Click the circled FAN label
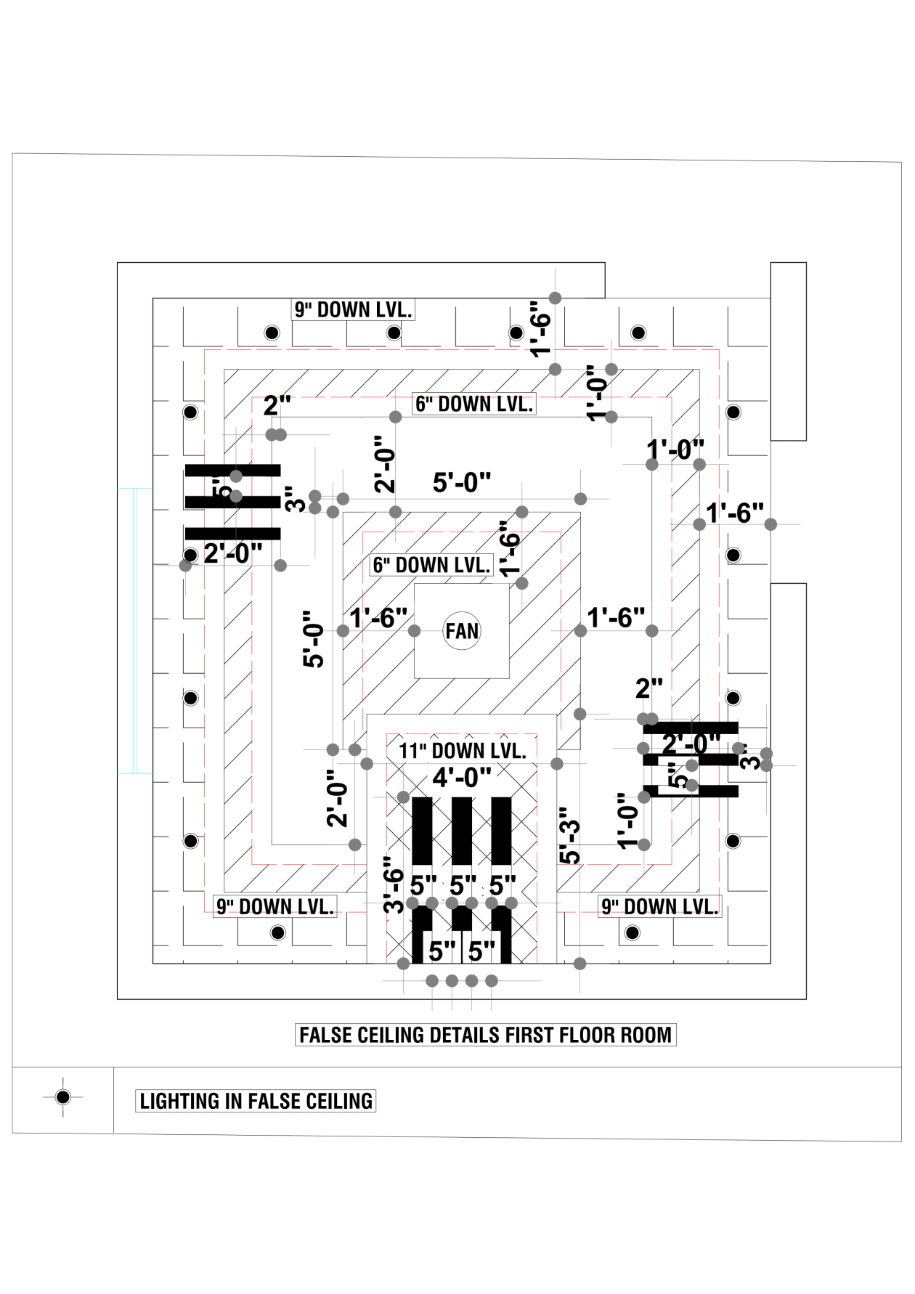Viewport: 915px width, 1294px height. click(462, 631)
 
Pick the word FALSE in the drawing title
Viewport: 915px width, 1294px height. click(324, 1035)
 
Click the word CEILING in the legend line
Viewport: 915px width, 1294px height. click(339, 1101)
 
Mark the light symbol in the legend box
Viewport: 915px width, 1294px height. click(63, 1096)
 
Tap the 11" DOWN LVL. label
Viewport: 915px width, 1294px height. click(462, 751)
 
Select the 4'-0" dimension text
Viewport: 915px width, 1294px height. click(462, 778)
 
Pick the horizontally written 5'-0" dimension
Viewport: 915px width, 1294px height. click(462, 482)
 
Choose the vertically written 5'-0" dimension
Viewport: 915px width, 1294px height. click(314, 639)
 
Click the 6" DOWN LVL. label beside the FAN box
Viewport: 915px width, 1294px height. click(431, 565)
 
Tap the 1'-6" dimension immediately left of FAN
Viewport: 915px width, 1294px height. click(378, 618)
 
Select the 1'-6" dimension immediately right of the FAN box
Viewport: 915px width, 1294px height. click(616, 618)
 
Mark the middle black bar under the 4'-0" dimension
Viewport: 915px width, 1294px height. click(462, 831)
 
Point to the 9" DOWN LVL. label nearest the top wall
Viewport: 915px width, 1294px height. click(353, 309)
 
